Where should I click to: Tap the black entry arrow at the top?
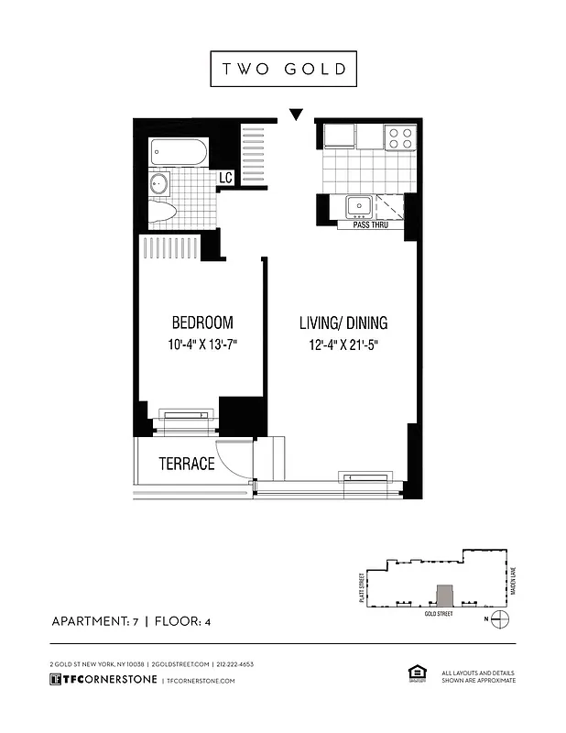295,115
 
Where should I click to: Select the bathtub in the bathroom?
180,152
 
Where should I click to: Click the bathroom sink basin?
158,183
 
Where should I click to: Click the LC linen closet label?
225,178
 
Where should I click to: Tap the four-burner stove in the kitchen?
400,137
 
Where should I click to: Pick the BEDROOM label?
202,323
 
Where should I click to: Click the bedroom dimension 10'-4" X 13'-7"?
202,345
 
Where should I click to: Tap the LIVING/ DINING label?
343,323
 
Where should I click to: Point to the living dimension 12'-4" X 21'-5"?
343,345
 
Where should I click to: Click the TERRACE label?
186,464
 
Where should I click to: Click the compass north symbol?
499,620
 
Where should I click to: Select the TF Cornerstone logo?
102,680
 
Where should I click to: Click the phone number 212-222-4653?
235,663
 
